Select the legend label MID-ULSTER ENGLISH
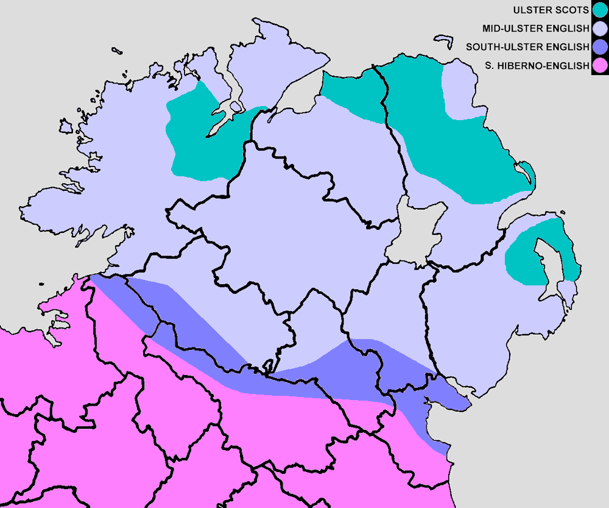pos(536,28)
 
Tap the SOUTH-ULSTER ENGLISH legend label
pos(527,46)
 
